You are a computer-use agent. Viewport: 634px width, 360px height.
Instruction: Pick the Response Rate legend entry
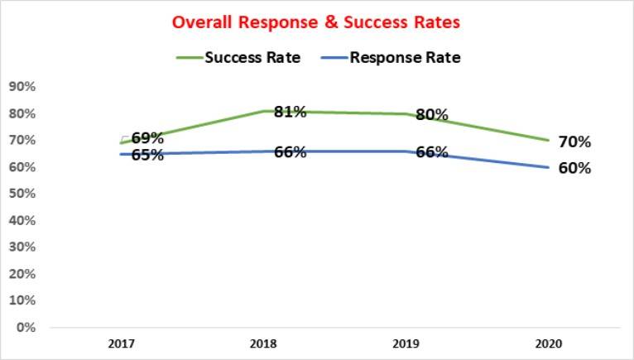[406, 58]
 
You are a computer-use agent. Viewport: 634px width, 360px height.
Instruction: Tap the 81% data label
[291, 112]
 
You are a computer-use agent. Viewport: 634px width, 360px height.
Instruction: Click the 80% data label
[431, 115]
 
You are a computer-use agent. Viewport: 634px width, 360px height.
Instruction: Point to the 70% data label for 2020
[574, 142]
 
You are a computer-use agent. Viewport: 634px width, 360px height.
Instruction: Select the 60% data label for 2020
[574, 168]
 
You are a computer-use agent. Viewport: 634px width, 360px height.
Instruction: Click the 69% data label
[147, 138]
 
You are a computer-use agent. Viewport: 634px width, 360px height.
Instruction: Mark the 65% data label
[147, 155]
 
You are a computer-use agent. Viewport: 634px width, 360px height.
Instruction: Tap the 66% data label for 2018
[291, 151]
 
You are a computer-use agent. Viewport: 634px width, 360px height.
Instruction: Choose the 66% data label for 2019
[431, 151]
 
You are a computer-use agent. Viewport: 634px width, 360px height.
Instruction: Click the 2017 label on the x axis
[121, 342]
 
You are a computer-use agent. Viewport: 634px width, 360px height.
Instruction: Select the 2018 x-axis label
[262, 342]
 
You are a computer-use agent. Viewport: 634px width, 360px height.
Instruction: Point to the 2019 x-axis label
[404, 342]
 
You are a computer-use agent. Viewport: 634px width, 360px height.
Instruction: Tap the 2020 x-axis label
[546, 342]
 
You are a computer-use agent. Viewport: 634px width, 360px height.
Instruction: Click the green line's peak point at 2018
[262, 111]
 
